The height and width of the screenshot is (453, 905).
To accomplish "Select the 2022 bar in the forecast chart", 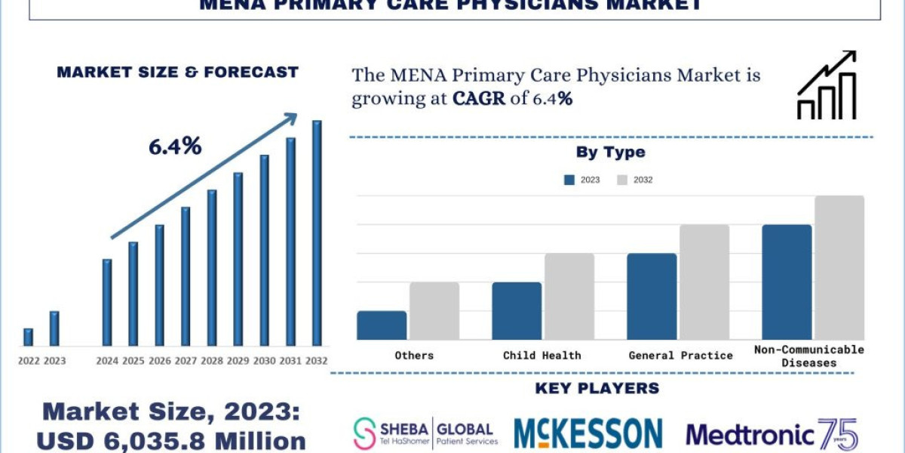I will [29, 337].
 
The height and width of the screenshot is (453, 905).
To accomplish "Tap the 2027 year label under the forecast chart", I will [186, 361].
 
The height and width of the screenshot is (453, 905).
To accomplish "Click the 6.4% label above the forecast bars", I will [175, 146].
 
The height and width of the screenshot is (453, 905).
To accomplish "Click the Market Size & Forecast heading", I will [178, 72].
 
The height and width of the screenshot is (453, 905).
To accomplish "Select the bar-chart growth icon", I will [827, 85].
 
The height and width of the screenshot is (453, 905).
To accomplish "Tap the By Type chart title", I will [611, 152].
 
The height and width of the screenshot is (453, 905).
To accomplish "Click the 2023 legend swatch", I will [570, 180].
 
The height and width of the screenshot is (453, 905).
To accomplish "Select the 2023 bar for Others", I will [382, 325].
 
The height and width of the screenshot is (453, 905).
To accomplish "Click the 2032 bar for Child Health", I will [569, 296].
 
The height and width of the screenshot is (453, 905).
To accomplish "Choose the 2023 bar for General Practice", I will [652, 296].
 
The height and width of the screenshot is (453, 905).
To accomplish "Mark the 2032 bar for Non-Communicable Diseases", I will [839, 267].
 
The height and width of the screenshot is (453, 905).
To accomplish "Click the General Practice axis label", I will [680, 355].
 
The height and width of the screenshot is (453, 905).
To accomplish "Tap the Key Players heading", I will [597, 388].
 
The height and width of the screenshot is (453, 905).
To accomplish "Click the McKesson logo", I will [588, 433].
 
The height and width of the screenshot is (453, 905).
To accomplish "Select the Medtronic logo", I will [772, 434].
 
